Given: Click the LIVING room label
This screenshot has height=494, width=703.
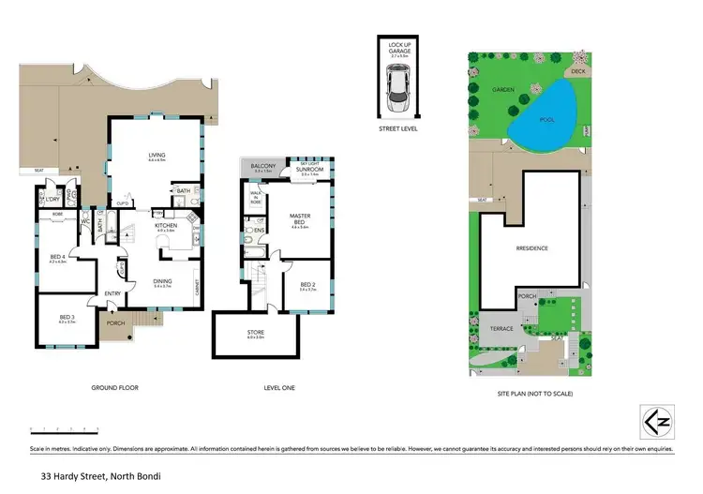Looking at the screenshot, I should point(156,156).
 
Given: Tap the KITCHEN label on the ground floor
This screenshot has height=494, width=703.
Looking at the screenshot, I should point(165,226).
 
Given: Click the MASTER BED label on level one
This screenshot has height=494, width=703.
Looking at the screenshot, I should point(300,220).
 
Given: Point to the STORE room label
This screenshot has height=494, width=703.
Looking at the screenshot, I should point(255,332).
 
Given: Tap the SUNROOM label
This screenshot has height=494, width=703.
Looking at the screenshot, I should point(310,169).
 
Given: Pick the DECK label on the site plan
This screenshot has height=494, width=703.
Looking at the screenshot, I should point(578,70).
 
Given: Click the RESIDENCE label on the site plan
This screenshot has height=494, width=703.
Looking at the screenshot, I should point(531,247).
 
